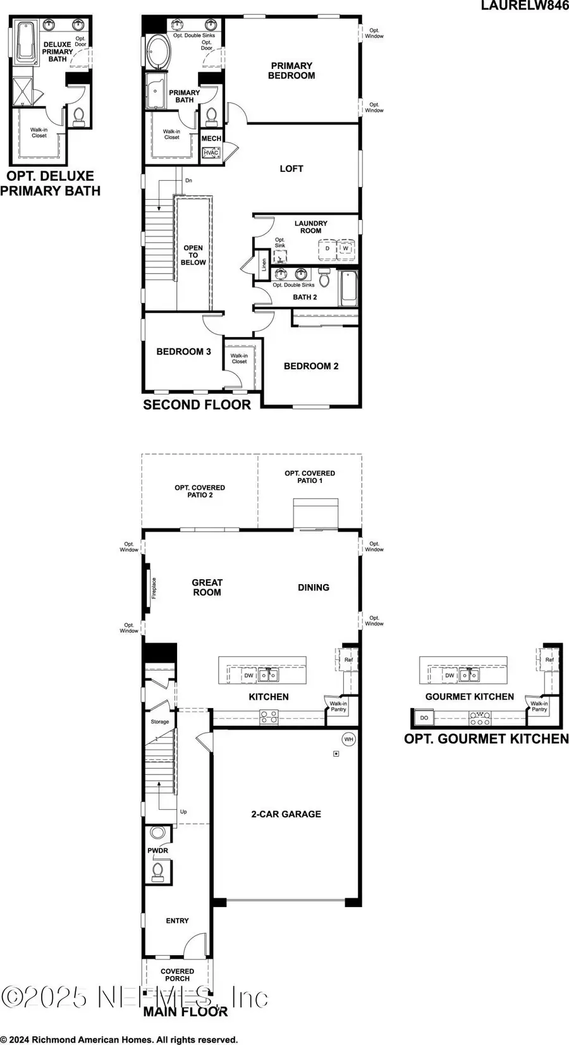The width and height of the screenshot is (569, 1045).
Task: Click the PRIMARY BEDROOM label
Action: point(291,70)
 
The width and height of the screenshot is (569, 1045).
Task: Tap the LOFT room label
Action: point(291,169)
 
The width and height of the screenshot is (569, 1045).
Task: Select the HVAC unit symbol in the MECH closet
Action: point(211,152)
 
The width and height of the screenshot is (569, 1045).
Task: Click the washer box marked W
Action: point(345,248)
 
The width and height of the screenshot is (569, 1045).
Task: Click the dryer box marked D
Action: point(327,248)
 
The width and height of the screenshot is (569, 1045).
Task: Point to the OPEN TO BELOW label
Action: point(193,255)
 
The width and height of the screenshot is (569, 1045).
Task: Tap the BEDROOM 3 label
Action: point(184,351)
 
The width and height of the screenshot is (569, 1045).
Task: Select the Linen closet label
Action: point(264,264)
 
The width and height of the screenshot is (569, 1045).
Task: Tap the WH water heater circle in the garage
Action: point(349,739)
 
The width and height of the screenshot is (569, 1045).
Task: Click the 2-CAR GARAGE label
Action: point(286,814)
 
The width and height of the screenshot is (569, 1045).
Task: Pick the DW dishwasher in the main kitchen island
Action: point(249,675)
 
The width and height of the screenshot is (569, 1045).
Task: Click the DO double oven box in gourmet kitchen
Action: point(424,718)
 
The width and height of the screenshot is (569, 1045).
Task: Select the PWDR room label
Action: point(158,850)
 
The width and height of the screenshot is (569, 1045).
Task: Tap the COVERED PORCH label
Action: point(177,975)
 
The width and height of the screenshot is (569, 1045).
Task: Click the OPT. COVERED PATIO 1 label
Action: point(310,477)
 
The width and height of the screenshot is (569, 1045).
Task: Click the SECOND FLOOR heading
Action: point(197,405)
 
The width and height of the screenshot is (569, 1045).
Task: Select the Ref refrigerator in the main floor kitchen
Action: point(348,660)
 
